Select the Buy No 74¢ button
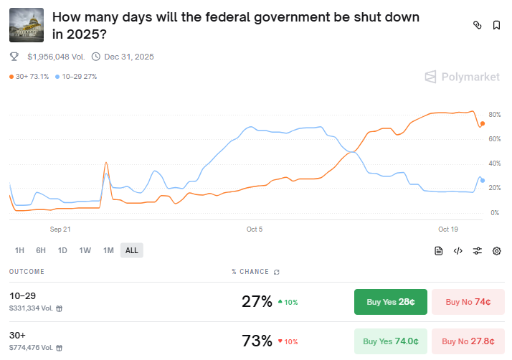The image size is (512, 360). [x=468, y=302]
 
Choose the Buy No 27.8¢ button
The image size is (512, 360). [x=468, y=341]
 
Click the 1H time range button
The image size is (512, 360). [x=19, y=250]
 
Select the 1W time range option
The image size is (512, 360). [x=85, y=250]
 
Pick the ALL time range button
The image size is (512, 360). [x=131, y=250]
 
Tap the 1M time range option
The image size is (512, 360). [x=108, y=250]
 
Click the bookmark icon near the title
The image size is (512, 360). [x=496, y=25]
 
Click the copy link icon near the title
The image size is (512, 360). [x=477, y=25]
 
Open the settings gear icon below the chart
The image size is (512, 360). [x=496, y=250]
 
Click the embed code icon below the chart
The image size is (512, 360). [x=458, y=250]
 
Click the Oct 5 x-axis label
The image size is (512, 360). [x=255, y=229]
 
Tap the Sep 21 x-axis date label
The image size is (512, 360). [x=60, y=229]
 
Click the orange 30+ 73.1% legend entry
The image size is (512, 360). [x=29, y=76]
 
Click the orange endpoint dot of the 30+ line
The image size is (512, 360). [x=483, y=123]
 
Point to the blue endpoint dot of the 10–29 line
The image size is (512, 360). [x=483, y=180]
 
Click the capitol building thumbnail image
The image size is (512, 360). [x=27, y=25]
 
